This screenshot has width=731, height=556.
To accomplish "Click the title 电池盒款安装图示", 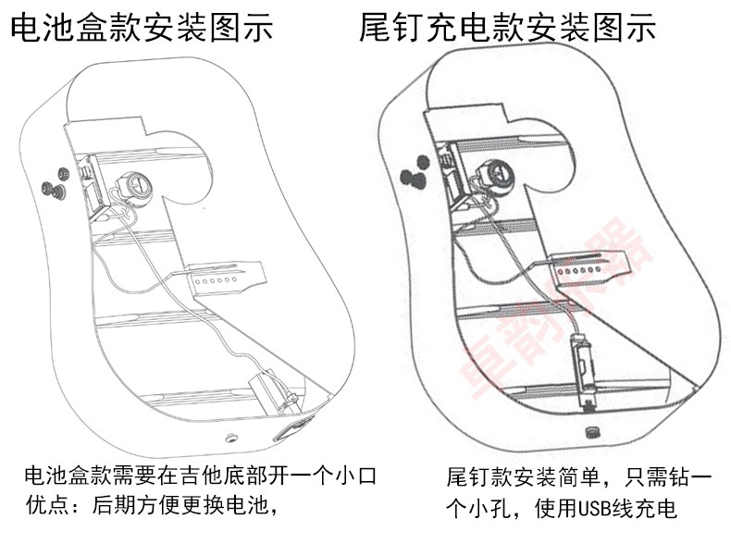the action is pos(142,28).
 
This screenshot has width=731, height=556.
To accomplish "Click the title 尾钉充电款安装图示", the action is pos(508,28).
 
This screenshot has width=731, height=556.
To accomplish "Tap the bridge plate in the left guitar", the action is pos(225,278).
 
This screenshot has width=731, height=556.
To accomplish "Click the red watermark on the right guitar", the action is pos(555,315).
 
